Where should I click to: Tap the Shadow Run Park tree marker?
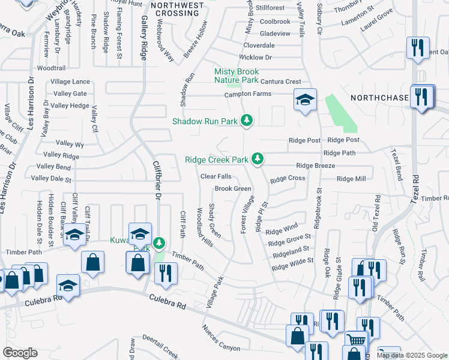click(x=246, y=121)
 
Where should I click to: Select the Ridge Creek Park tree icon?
click(x=258, y=159)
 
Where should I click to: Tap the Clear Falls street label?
click(x=215, y=176)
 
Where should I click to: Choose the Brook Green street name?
click(x=233, y=188)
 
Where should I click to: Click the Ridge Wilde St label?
click(x=293, y=265)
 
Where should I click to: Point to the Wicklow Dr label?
click(x=255, y=58)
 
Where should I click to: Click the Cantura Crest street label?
click(x=276, y=82)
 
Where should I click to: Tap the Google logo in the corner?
click(x=20, y=353)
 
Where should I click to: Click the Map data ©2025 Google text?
click(x=412, y=355)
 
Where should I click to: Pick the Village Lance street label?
click(x=70, y=82)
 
